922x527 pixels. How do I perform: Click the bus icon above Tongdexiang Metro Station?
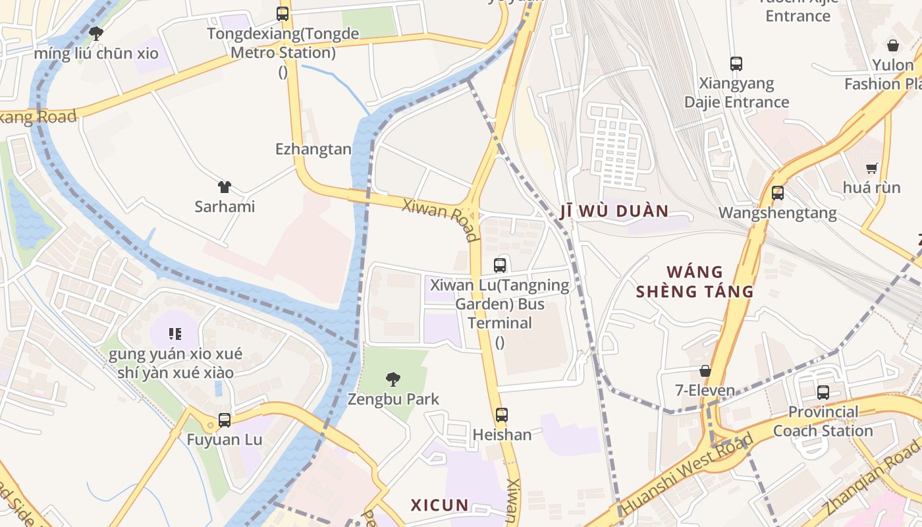pos(283,13)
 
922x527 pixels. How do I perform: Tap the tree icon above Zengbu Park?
pos(393,379)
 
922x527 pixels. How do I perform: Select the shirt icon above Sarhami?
pos(225,187)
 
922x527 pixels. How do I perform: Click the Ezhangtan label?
pos(313,150)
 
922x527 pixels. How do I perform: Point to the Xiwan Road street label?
pos(441,219)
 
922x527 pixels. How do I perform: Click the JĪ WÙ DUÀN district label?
pos(614,211)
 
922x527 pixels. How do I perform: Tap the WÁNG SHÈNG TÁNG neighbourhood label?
pos(695,281)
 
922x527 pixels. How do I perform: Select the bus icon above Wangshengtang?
pos(778,193)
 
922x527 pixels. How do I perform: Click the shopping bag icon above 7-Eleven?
pos(705,371)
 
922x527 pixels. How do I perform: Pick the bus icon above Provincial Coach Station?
pos(823,393)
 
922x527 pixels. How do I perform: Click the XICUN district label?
pos(440,505)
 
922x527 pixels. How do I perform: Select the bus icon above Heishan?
pos(502,415)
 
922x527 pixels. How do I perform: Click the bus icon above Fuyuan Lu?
pos(225,420)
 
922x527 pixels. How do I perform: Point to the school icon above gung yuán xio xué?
pos(175,334)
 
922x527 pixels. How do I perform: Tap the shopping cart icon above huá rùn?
pos(872,168)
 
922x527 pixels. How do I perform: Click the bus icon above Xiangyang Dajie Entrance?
pos(736,64)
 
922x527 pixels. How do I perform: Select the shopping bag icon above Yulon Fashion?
pos(893,45)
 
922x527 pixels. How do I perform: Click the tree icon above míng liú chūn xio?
pos(96,33)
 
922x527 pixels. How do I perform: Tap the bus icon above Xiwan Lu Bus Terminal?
pos(500,265)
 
